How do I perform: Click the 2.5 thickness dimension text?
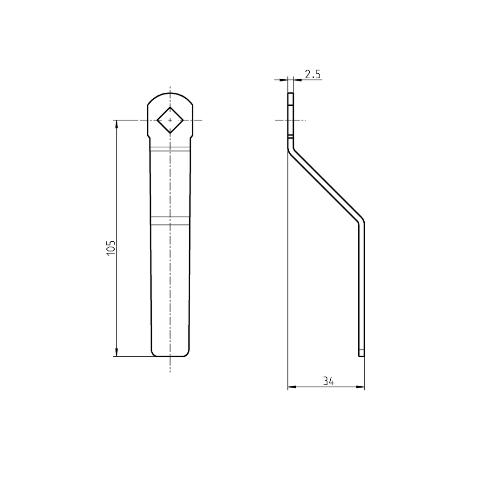[x=313, y=74]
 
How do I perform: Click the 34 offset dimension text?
[x=328, y=381]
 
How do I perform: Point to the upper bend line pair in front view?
[x=170, y=149]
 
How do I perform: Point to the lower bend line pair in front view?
[x=170, y=220]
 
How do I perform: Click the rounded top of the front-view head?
[x=170, y=94]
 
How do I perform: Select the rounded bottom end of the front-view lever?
[x=170, y=356]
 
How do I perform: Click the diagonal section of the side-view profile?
[x=326, y=186]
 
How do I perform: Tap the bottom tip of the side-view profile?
[x=361, y=355]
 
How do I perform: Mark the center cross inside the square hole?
[x=170, y=120]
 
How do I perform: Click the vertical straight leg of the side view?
[x=361, y=289]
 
